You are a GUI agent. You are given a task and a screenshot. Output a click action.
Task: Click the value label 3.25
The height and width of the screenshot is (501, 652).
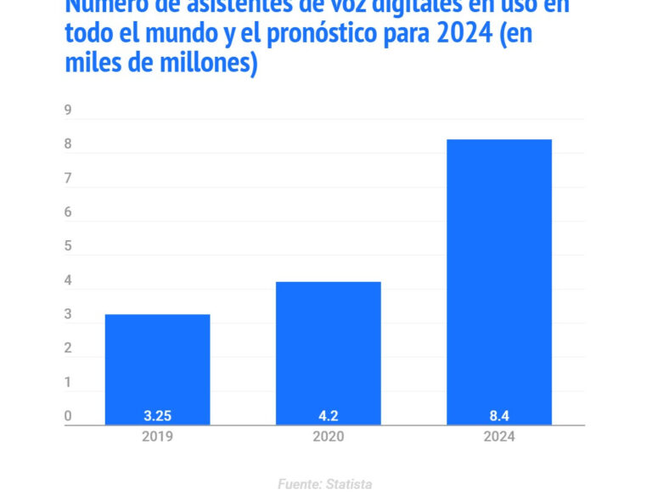point(158,416)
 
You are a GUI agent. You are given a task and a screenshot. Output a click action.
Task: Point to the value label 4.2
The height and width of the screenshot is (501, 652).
point(329,416)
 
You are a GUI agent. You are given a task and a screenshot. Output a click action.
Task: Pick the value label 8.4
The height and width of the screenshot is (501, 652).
point(499,416)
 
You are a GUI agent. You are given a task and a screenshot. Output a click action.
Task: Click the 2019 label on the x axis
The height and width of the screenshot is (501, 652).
point(158,437)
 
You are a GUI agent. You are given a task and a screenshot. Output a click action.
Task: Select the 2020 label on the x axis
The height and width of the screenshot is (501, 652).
point(329,437)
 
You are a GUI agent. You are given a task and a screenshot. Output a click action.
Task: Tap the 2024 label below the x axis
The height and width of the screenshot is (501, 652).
point(499,437)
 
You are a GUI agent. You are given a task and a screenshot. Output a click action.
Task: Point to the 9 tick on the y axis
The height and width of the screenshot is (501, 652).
point(68,111)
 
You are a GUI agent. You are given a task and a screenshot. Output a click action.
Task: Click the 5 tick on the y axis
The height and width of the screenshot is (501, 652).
point(68,247)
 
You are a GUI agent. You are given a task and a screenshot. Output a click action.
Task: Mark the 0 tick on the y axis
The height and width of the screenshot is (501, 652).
point(68,417)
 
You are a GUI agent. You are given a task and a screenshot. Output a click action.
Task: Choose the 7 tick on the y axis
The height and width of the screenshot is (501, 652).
point(68,179)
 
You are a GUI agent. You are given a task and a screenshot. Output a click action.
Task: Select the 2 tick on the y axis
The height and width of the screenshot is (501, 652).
point(68,349)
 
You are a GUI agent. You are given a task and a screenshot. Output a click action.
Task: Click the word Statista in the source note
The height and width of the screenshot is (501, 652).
point(348,484)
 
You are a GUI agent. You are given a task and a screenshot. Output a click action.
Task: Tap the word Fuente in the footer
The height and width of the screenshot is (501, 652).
point(298,484)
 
